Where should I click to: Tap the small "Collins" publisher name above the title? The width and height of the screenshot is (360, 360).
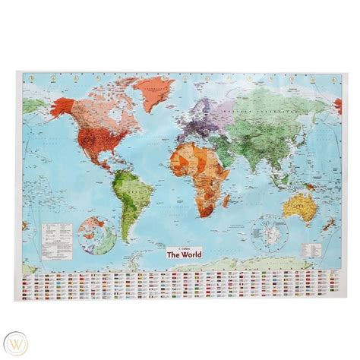click(x=180, y=246)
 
